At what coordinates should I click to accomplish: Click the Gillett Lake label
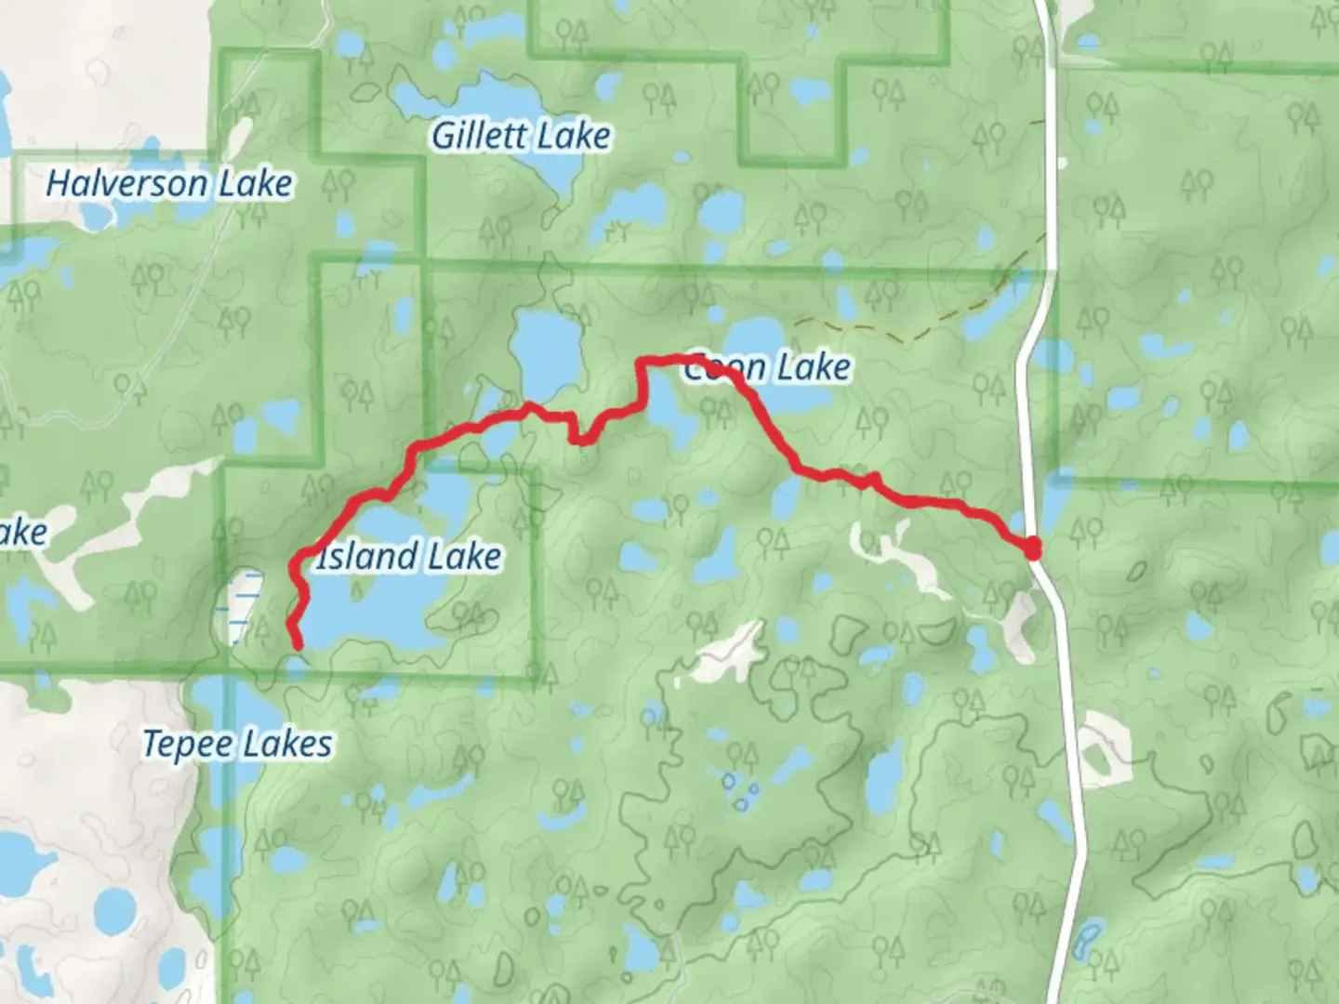(x=521, y=137)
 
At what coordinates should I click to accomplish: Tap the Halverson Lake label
(x=169, y=184)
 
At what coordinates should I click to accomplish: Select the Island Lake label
(x=409, y=557)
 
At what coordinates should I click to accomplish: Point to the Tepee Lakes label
(x=237, y=744)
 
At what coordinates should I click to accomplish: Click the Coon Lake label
(x=768, y=368)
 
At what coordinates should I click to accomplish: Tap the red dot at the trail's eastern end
(x=1032, y=549)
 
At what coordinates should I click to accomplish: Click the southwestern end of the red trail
(x=297, y=644)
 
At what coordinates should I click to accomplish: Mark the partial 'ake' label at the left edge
(x=22, y=533)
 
